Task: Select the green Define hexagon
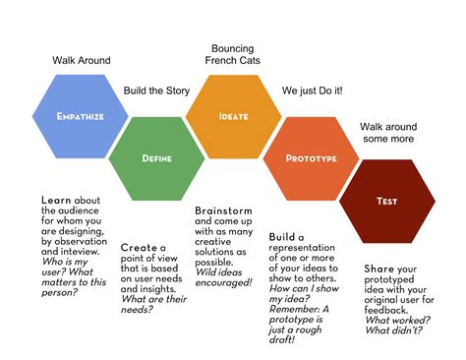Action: [x=157, y=157]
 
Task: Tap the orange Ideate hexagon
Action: [x=234, y=116]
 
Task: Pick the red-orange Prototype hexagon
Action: [x=311, y=157]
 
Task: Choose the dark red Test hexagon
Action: [x=386, y=201]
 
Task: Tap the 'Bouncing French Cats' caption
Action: [x=234, y=54]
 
